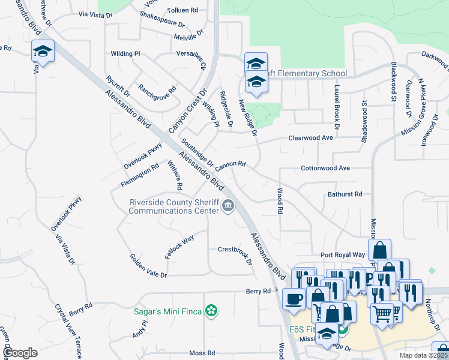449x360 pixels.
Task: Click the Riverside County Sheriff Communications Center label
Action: [x=173, y=206]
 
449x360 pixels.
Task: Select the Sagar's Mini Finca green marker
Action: [x=211, y=311]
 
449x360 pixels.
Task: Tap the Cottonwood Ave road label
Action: [x=325, y=168]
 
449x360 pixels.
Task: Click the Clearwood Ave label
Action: [x=310, y=138]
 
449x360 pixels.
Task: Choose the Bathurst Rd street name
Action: [x=345, y=194]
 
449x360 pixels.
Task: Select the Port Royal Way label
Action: [x=342, y=254]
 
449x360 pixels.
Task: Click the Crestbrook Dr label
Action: [x=235, y=250]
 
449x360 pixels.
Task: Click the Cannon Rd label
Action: [x=231, y=163]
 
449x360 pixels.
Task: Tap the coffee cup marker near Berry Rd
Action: [x=294, y=298]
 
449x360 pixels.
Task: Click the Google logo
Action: [x=20, y=353]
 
